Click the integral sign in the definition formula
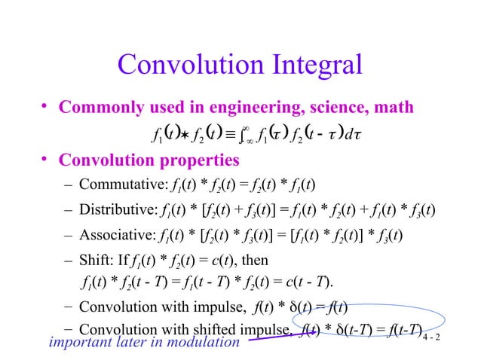pyautogui.click(x=249, y=136)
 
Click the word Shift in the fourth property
pyautogui.click(x=92, y=261)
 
